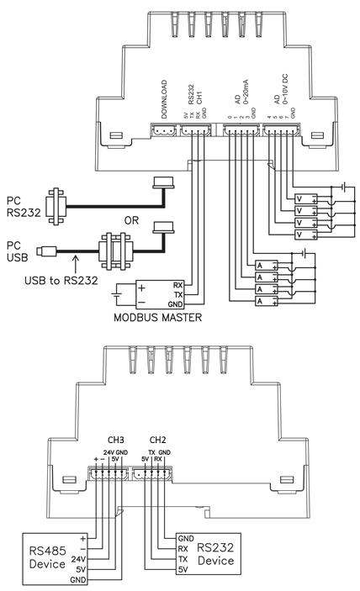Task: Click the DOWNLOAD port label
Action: click(x=164, y=99)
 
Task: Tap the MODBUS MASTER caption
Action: click(x=157, y=318)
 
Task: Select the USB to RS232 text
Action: click(x=61, y=281)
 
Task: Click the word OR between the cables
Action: click(x=131, y=220)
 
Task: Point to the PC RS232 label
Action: click(x=24, y=207)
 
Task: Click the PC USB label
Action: click(x=18, y=251)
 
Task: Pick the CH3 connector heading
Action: click(x=116, y=440)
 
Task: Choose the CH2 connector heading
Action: click(x=157, y=440)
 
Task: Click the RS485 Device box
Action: click(x=55, y=558)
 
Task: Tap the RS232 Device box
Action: click(x=209, y=554)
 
